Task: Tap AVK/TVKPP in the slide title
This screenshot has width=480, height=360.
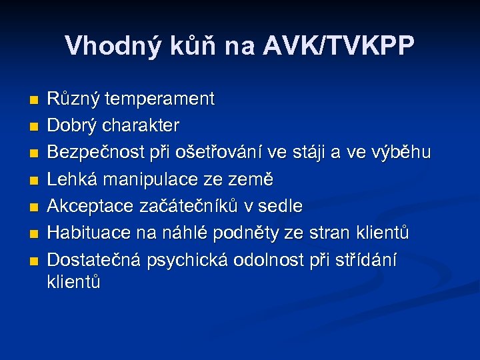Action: pyautogui.click(x=339, y=46)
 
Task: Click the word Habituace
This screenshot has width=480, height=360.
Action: pyautogui.click(x=90, y=233)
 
